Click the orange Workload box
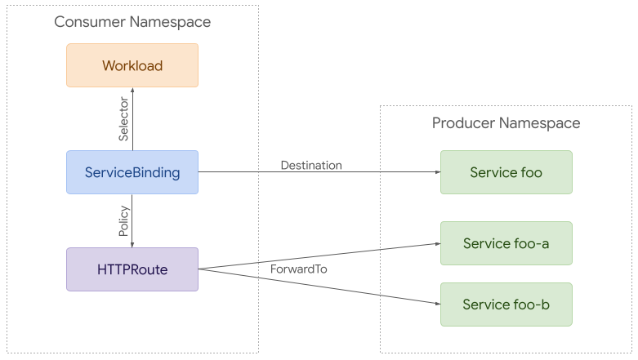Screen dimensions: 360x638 132,65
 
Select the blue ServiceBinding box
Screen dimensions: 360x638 132,172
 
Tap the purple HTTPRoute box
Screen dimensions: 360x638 132,269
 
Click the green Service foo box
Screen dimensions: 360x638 506,172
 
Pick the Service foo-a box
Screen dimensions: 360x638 506,243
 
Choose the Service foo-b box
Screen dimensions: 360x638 506,304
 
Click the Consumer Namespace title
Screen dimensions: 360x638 132,22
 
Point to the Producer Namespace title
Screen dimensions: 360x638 506,123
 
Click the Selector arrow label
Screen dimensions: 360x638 123,122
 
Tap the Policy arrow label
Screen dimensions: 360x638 123,221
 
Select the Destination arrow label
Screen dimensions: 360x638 311,165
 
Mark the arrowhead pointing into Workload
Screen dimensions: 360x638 132,91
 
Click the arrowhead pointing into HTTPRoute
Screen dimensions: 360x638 132,243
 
